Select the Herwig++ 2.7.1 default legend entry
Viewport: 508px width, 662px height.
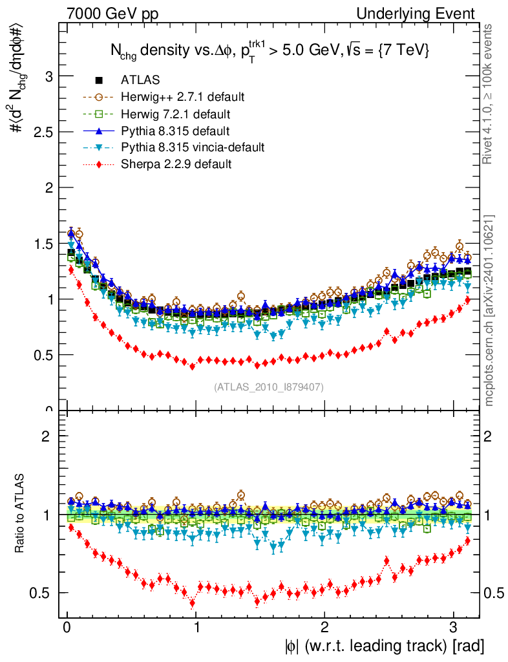click(182, 97)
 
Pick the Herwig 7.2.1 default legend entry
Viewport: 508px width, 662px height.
click(176, 114)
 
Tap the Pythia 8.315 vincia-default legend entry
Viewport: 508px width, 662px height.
click(193, 147)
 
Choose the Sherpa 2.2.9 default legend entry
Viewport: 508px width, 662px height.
click(176, 164)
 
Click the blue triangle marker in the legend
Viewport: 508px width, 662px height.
click(100, 131)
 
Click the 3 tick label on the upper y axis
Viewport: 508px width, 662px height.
click(48, 76)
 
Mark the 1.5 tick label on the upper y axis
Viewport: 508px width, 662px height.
click(41, 244)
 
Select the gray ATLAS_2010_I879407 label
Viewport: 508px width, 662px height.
click(268, 387)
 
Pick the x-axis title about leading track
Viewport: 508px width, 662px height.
click(383, 645)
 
